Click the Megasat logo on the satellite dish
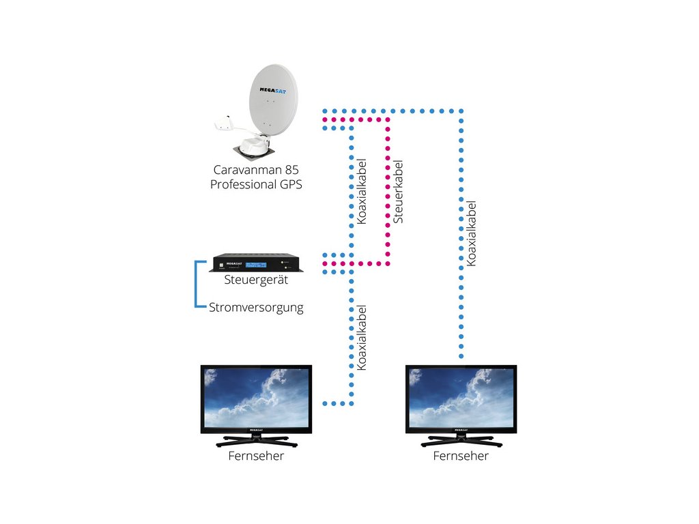click(x=273, y=91)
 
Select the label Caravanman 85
click(x=256, y=170)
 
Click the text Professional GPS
click(x=256, y=184)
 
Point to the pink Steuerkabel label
click(x=398, y=192)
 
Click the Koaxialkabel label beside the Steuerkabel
click(x=361, y=192)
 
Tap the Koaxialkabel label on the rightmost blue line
click(x=471, y=233)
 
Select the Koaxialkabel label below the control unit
click(x=361, y=338)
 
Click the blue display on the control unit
click(x=256, y=265)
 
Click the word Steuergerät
click(x=256, y=280)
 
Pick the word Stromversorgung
click(x=256, y=308)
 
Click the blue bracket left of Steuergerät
click(x=196, y=284)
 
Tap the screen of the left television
click(x=256, y=398)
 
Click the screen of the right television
click(x=461, y=398)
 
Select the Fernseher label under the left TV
click(x=256, y=456)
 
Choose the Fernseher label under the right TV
click(x=461, y=456)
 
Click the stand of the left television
click(x=257, y=441)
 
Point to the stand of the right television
click(x=461, y=441)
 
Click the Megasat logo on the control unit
click(x=234, y=264)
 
